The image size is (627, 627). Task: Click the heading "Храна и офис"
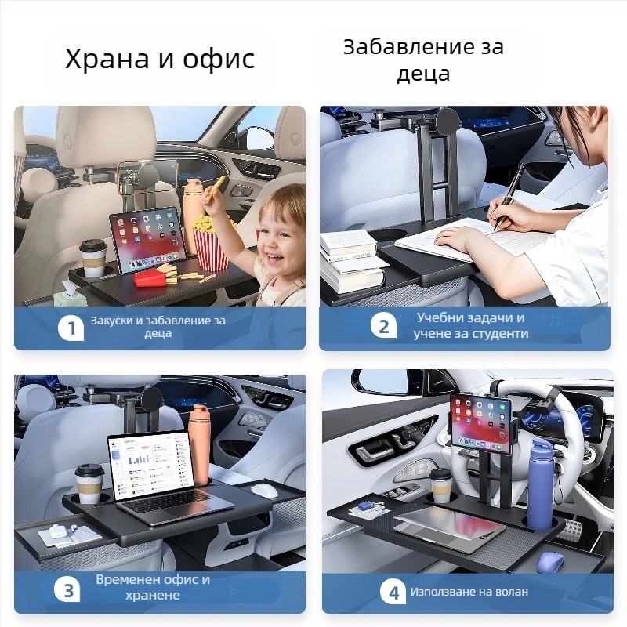[x=160, y=59]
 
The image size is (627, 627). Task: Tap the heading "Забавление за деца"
[x=423, y=60]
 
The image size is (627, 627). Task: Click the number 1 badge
[x=71, y=328]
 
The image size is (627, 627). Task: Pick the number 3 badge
[x=68, y=589]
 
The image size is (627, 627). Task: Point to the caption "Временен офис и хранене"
[x=153, y=588]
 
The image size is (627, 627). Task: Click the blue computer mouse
[x=550, y=561]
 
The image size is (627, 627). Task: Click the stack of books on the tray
[x=352, y=259]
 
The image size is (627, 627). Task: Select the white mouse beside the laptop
[x=266, y=490]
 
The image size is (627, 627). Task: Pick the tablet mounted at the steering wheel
[x=480, y=422]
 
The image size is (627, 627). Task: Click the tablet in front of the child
[x=147, y=241]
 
